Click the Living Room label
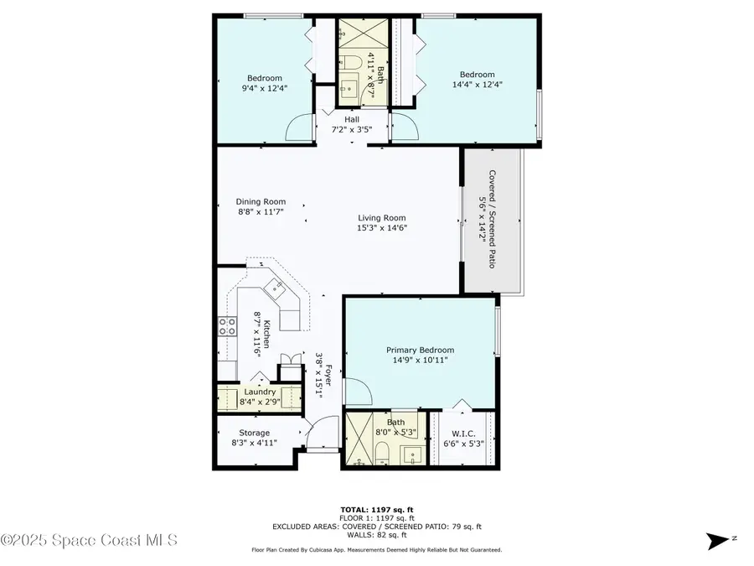[x=382, y=218]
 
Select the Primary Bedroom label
[x=420, y=350]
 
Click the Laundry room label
[x=259, y=392]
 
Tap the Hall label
[x=352, y=119]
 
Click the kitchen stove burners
[x=226, y=325]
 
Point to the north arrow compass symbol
[x=717, y=541]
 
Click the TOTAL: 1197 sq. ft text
[x=376, y=509]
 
